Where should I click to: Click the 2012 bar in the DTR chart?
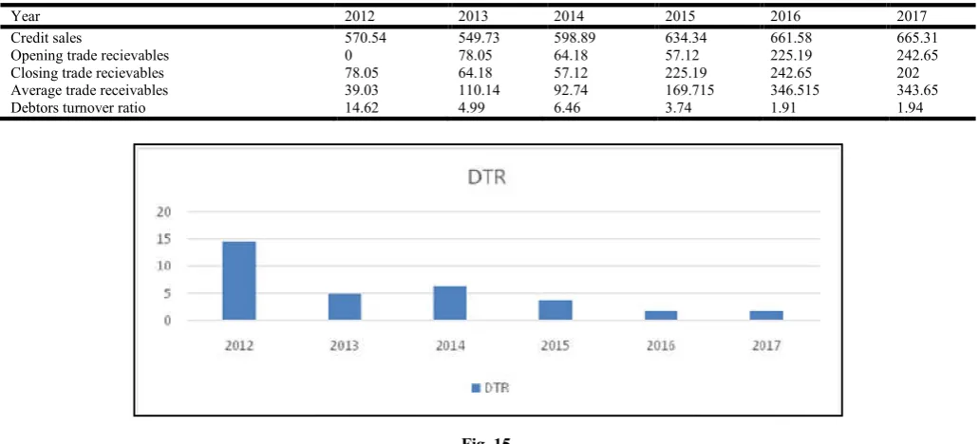tap(239, 281)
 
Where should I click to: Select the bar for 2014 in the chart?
tap(450, 303)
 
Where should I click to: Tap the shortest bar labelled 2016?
tap(661, 316)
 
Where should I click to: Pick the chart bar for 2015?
tap(555, 310)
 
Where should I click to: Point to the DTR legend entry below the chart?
tap(490, 388)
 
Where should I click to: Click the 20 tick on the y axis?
tap(163, 212)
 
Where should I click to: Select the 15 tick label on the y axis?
tap(163, 239)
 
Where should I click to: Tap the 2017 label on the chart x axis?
tap(766, 345)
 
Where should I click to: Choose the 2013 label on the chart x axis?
tap(345, 345)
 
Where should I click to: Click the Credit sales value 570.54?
tap(366, 38)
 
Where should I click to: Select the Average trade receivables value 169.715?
tap(689, 90)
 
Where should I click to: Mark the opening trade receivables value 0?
tap(348, 55)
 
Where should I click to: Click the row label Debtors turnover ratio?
tap(79, 108)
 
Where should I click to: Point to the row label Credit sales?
tap(47, 38)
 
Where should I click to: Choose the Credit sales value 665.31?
tap(917, 38)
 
